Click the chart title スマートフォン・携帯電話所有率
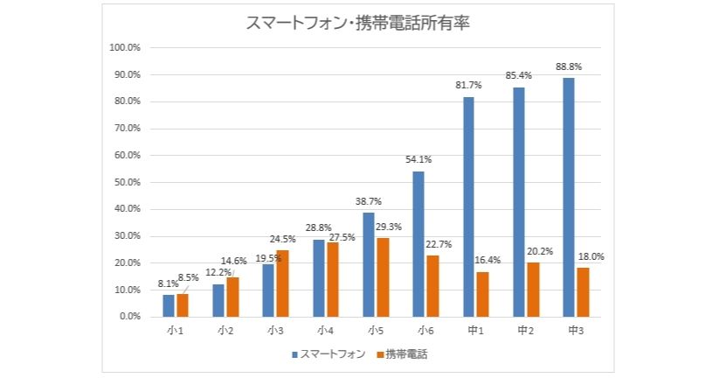[x=359, y=24]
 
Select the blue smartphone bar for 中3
[x=569, y=197]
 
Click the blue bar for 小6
[x=418, y=243]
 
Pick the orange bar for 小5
[x=382, y=276]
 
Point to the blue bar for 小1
[x=168, y=305]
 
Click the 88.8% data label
[x=569, y=66]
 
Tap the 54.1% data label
[x=418, y=160]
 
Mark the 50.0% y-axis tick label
[x=128, y=182]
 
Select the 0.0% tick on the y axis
[x=130, y=316]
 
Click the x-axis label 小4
[x=325, y=331]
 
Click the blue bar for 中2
[x=519, y=201]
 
